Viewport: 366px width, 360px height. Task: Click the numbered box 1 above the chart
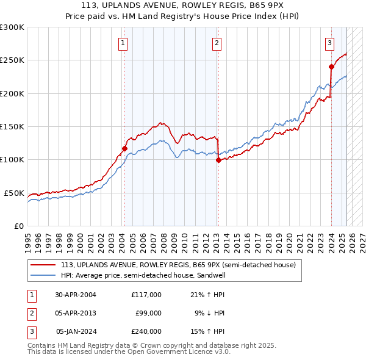click(x=123, y=43)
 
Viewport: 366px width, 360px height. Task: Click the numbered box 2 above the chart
click(x=217, y=43)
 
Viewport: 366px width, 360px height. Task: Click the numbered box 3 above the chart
click(x=329, y=43)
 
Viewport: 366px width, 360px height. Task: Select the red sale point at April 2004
click(x=124, y=148)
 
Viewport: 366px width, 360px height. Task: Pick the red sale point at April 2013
click(x=218, y=160)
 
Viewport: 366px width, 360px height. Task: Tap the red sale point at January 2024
click(x=331, y=67)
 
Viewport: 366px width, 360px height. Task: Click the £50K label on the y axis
click(x=14, y=193)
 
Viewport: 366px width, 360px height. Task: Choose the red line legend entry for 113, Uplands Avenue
click(x=178, y=265)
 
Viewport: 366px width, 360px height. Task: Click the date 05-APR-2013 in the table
click(x=76, y=313)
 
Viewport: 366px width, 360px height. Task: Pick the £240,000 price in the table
click(x=146, y=332)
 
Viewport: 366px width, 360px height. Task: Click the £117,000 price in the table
click(x=146, y=294)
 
